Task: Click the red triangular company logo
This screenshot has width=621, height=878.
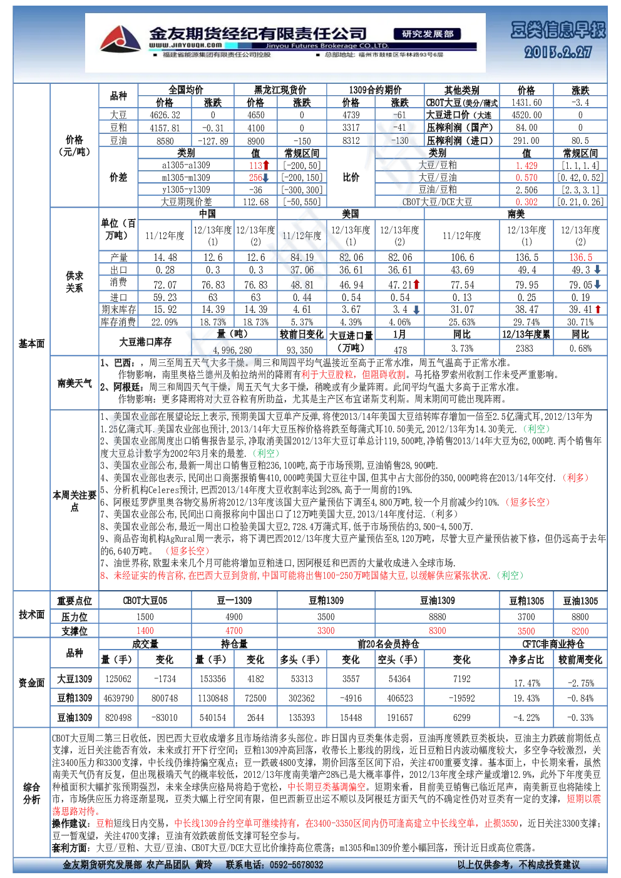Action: [x=120, y=39]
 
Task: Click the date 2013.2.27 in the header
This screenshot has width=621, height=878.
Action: [x=558, y=52]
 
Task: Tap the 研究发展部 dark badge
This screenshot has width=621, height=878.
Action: [x=427, y=34]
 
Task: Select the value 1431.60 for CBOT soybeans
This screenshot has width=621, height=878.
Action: [x=526, y=103]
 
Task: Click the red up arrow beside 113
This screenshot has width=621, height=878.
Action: [x=266, y=165]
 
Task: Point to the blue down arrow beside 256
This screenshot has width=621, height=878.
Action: [x=265, y=178]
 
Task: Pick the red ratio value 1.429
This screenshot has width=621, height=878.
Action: [x=526, y=165]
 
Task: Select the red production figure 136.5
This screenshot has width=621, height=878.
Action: [x=580, y=258]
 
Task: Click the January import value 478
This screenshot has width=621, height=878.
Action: [x=400, y=350]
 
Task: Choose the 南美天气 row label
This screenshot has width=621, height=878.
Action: [x=74, y=383]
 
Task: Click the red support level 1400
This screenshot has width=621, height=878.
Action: [x=145, y=631]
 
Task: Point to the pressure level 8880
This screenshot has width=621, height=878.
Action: [x=437, y=617]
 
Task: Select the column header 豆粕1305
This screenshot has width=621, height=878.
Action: [x=526, y=601]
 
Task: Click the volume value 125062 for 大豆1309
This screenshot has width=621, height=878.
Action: [x=118, y=678]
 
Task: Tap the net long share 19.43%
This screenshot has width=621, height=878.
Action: [x=527, y=698]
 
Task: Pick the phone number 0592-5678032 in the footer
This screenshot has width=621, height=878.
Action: [x=296, y=865]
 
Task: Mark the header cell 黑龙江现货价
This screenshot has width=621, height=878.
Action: [x=280, y=89]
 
